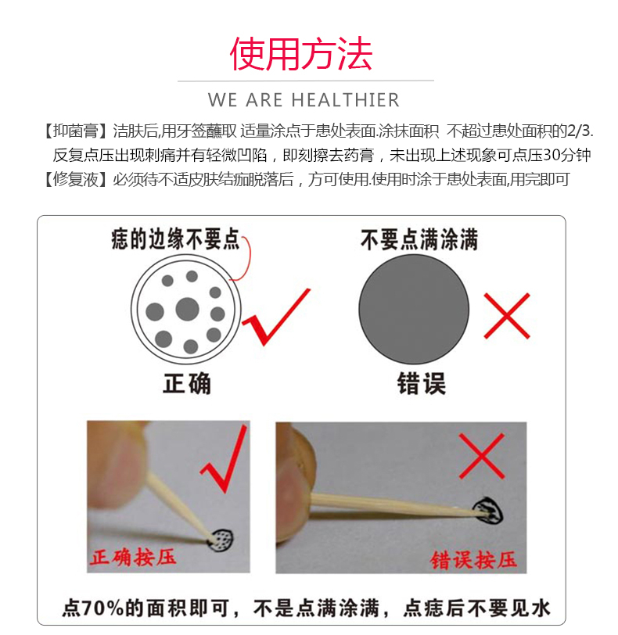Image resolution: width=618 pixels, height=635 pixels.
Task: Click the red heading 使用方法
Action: pos(301,54)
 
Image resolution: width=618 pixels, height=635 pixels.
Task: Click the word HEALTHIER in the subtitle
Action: pos(346,100)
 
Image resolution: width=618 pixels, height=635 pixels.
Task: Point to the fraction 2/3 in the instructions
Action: pos(579,131)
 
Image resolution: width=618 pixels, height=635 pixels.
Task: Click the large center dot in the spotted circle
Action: pos(188,310)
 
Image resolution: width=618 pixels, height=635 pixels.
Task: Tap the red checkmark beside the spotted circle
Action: pos(276,317)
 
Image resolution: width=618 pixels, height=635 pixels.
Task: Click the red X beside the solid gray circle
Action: pos(507,316)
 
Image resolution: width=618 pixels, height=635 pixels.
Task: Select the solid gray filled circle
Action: pos(414,310)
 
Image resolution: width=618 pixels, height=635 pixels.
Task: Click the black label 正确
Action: pos(187,383)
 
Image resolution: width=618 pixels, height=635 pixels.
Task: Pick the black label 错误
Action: pos(422,383)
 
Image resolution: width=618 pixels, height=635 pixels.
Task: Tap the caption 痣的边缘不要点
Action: pos(176,239)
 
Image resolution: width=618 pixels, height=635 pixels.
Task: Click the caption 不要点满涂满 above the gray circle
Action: pos(419,239)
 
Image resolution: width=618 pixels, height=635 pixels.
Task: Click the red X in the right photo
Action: pos(482,456)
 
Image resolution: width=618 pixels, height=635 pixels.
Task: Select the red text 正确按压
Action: pos(133,557)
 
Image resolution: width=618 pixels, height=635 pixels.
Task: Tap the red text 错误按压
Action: pos(474,560)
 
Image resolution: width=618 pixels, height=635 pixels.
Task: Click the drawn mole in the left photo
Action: pos(221,540)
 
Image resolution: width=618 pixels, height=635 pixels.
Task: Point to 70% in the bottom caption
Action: pos(102,608)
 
